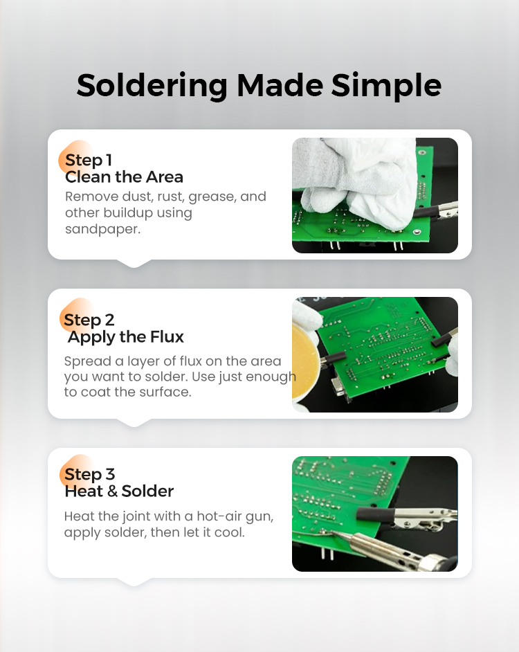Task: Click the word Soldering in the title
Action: (152, 86)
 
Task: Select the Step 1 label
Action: (89, 160)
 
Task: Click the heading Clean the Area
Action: (124, 177)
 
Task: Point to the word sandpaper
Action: (102, 229)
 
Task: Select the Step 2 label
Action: (89, 320)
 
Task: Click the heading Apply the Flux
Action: (125, 337)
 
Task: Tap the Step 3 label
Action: (89, 474)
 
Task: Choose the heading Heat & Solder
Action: (119, 491)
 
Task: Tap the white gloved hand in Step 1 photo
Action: (358, 183)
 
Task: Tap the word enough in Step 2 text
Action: (271, 377)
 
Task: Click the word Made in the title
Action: (280, 86)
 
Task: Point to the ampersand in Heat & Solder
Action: (112, 491)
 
